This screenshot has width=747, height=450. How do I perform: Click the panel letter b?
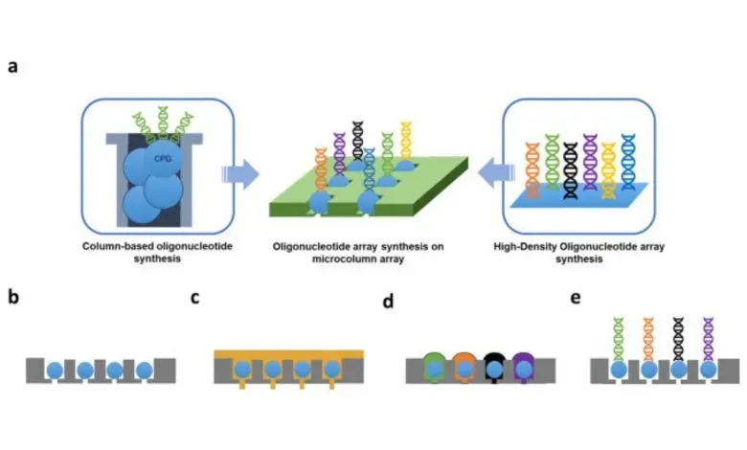coord(13,297)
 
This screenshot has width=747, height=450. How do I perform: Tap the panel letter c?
coord(195,297)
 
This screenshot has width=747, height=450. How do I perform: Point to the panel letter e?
coord(576,297)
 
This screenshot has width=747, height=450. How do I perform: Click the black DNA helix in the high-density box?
coord(572,169)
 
